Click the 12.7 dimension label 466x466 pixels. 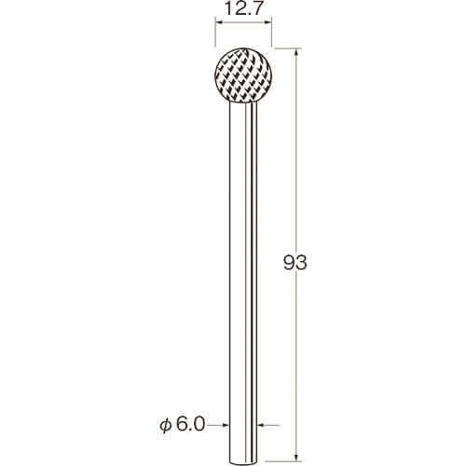(243, 8)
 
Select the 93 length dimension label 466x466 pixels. (295, 263)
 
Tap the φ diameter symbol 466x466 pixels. (165, 425)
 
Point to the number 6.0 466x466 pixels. (191, 424)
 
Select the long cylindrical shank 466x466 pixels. (243, 282)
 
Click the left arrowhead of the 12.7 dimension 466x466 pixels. (219, 21)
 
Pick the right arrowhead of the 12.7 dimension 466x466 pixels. (268, 21)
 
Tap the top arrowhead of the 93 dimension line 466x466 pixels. (296, 52)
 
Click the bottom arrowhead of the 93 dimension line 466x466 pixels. (296, 459)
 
